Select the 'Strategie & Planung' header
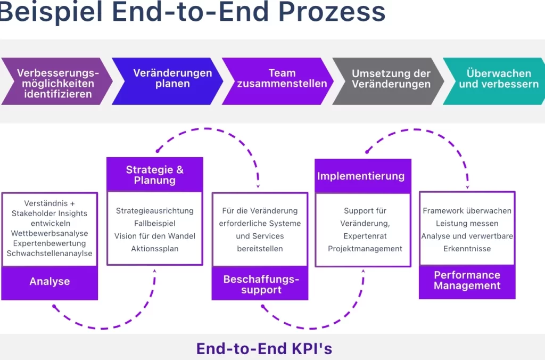pos(155,175)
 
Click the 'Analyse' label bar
pos(49,282)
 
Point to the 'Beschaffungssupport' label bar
pos(261,284)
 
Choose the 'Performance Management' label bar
pos(467,280)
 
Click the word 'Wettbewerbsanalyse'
pos(49,233)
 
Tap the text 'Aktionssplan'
pos(155,249)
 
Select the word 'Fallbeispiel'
pos(155,223)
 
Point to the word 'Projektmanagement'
pos(365,249)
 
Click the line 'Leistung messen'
pos(467,223)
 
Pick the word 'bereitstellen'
pos(260,249)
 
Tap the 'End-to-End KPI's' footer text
pos(264,348)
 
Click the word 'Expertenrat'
pos(365,236)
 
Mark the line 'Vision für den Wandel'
pos(155,236)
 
